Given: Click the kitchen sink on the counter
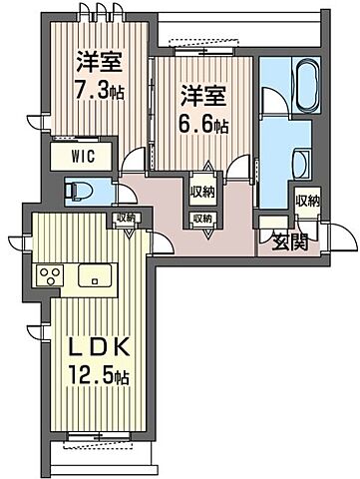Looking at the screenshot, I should pos(94,274).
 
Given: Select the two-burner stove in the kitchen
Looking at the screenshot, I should pos(49,274).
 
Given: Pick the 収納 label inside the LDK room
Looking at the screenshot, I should pos(127,219).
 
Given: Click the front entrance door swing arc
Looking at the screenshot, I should pos(340,239).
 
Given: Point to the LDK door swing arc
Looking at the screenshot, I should pos(157,240).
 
